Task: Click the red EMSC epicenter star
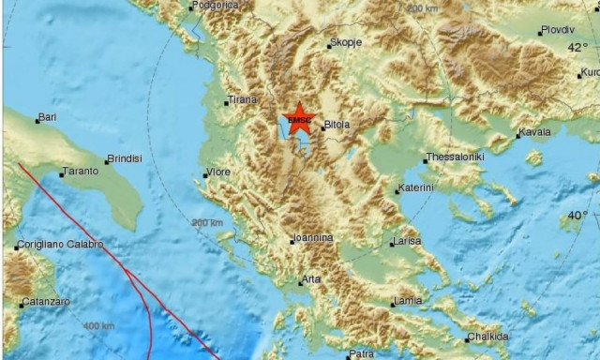pos(299,119)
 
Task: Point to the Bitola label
pos(336,124)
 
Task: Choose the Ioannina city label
pos(312,238)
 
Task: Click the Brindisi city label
pos(124,158)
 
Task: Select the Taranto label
pos(79,172)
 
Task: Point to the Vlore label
pos(219,172)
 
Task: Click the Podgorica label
pos(215,6)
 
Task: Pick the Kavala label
pos(534,132)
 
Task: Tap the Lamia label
pos(408,301)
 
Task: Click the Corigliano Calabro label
pos(61,246)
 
